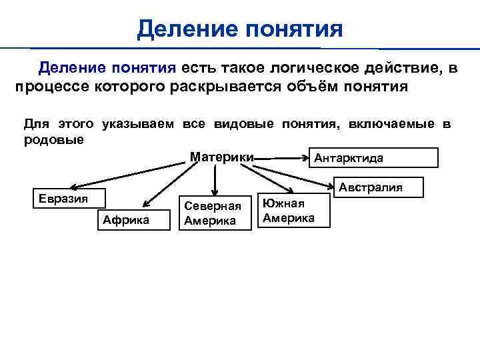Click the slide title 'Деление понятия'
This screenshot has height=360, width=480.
coord(239,29)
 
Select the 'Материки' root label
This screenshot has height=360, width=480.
coord(221,157)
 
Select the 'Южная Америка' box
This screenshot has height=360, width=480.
coord(294,211)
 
